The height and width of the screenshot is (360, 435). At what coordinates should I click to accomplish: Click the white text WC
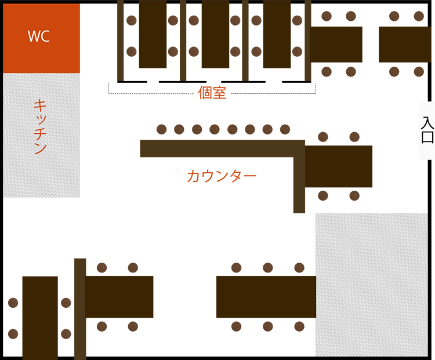tap(39, 37)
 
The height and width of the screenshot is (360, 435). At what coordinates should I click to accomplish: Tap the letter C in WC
tap(44, 37)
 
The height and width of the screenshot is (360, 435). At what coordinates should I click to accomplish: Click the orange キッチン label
tap(40, 126)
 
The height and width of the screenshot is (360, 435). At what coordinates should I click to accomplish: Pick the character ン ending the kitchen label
tap(40, 148)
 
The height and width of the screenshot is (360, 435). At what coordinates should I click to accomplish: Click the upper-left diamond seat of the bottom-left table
tap(13, 300)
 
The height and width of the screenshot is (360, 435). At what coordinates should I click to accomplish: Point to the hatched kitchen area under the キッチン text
tap(41, 186)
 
